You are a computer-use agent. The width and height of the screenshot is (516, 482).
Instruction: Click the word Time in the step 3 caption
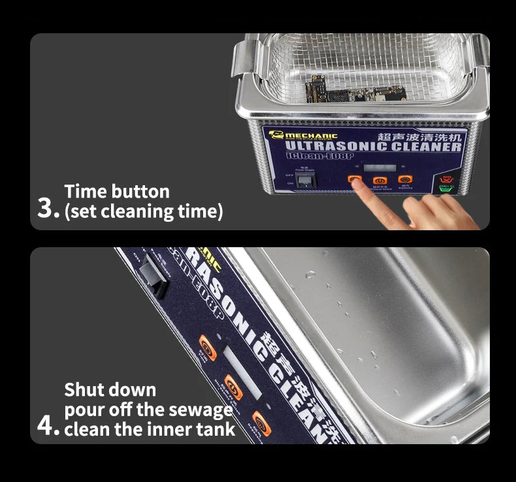click(87, 191)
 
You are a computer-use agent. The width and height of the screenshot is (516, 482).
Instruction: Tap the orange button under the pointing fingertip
click(355, 180)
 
